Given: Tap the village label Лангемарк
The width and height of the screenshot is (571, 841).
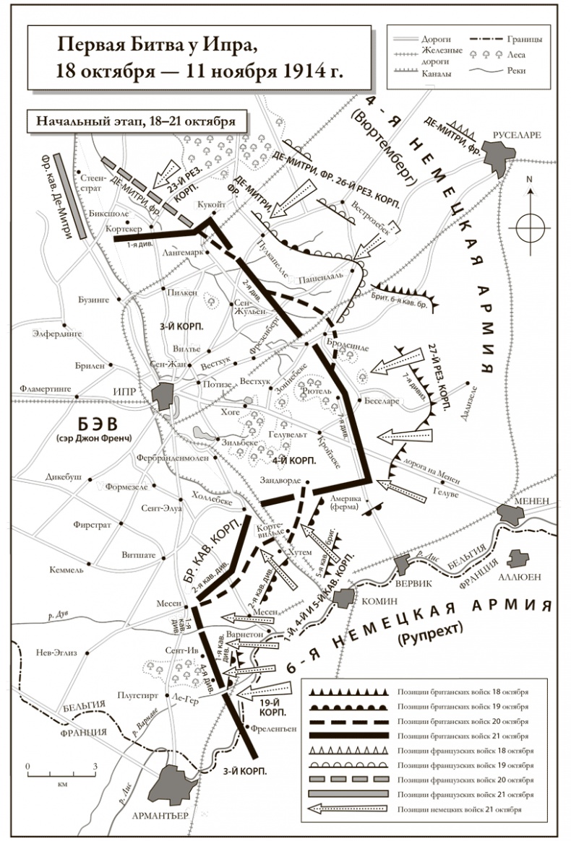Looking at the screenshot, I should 185,254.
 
